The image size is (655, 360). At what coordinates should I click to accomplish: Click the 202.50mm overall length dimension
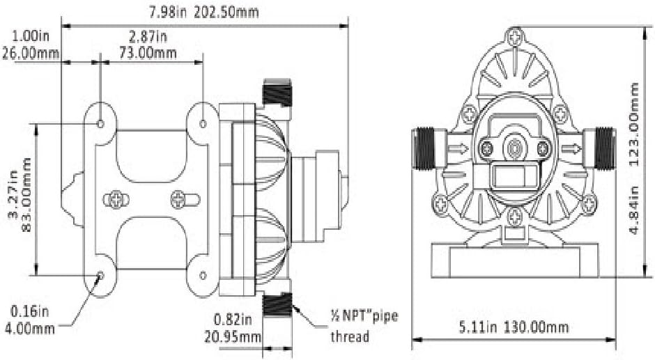pyautogui.click(x=226, y=12)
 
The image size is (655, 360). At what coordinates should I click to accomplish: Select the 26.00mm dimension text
pyautogui.click(x=31, y=54)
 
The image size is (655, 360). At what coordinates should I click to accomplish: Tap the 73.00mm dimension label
pyautogui.click(x=148, y=53)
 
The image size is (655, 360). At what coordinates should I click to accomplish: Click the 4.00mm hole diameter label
pyautogui.click(x=30, y=328)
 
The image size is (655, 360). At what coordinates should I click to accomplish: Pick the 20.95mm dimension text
pyautogui.click(x=232, y=336)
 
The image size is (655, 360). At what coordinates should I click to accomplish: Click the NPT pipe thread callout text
pyautogui.click(x=364, y=326)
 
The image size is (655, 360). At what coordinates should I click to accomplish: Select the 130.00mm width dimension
pyautogui.click(x=536, y=327)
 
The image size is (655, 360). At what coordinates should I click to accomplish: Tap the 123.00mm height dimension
pyautogui.click(x=633, y=124)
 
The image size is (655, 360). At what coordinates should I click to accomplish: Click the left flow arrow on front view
pyautogui.click(x=458, y=148)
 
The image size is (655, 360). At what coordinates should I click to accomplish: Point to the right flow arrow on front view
pyautogui.click(x=571, y=148)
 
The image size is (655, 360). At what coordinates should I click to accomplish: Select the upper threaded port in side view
pyautogui.click(x=277, y=93)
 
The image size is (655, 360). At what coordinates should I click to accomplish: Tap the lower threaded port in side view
pyautogui.click(x=277, y=305)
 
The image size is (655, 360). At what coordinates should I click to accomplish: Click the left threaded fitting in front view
pyautogui.click(x=424, y=149)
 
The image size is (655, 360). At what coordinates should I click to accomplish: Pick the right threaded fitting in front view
pyautogui.click(x=604, y=149)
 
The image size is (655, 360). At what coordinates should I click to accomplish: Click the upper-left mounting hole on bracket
pyautogui.click(x=100, y=124)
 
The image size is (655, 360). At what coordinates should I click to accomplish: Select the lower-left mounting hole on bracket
pyautogui.click(x=100, y=275)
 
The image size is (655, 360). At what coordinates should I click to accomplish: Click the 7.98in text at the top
pyautogui.click(x=167, y=12)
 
